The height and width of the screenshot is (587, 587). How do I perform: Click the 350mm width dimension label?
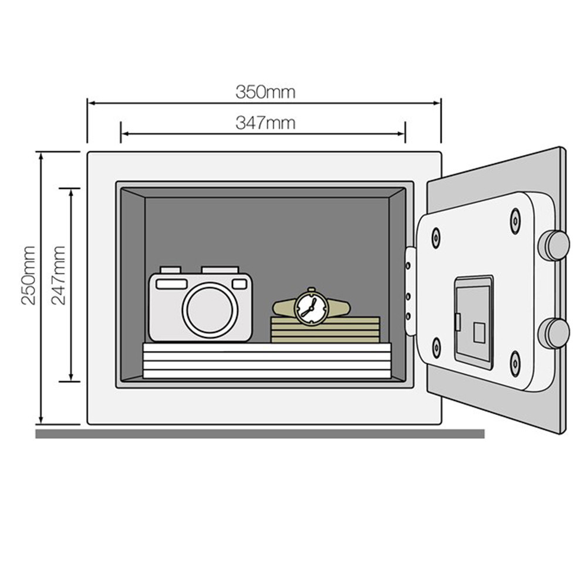[265, 92]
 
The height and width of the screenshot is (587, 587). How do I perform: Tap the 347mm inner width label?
[265, 123]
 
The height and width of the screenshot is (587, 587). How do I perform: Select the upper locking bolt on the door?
[554, 245]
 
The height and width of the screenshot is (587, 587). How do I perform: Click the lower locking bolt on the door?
[554, 332]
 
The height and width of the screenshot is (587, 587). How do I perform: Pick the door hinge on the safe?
[410, 291]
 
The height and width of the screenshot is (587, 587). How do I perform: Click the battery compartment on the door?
[474, 322]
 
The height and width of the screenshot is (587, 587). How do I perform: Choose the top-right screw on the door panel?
[515, 220]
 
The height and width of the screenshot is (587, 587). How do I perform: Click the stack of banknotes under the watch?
[325, 330]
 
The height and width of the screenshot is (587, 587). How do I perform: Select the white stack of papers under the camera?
[266, 361]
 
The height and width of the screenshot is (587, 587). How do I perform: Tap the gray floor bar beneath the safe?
[259, 434]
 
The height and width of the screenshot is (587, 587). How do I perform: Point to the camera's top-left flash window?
[171, 284]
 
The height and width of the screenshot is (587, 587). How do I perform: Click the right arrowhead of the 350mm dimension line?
[437, 103]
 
